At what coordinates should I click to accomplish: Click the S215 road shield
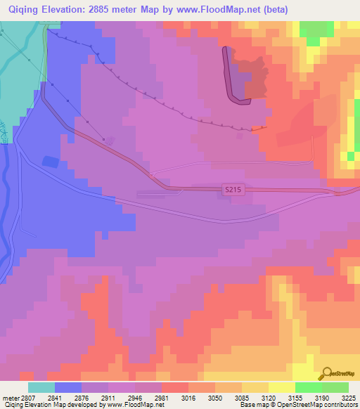click(x=234, y=190)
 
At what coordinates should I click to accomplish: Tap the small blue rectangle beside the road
click(x=50, y=162)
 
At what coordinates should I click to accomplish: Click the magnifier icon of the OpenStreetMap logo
click(x=326, y=374)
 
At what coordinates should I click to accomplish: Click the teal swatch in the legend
click(x=41, y=387)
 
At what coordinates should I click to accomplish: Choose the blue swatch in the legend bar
click(x=68, y=387)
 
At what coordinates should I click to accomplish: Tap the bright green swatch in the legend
click(x=308, y=387)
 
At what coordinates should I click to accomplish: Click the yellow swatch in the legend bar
click(x=281, y=387)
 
